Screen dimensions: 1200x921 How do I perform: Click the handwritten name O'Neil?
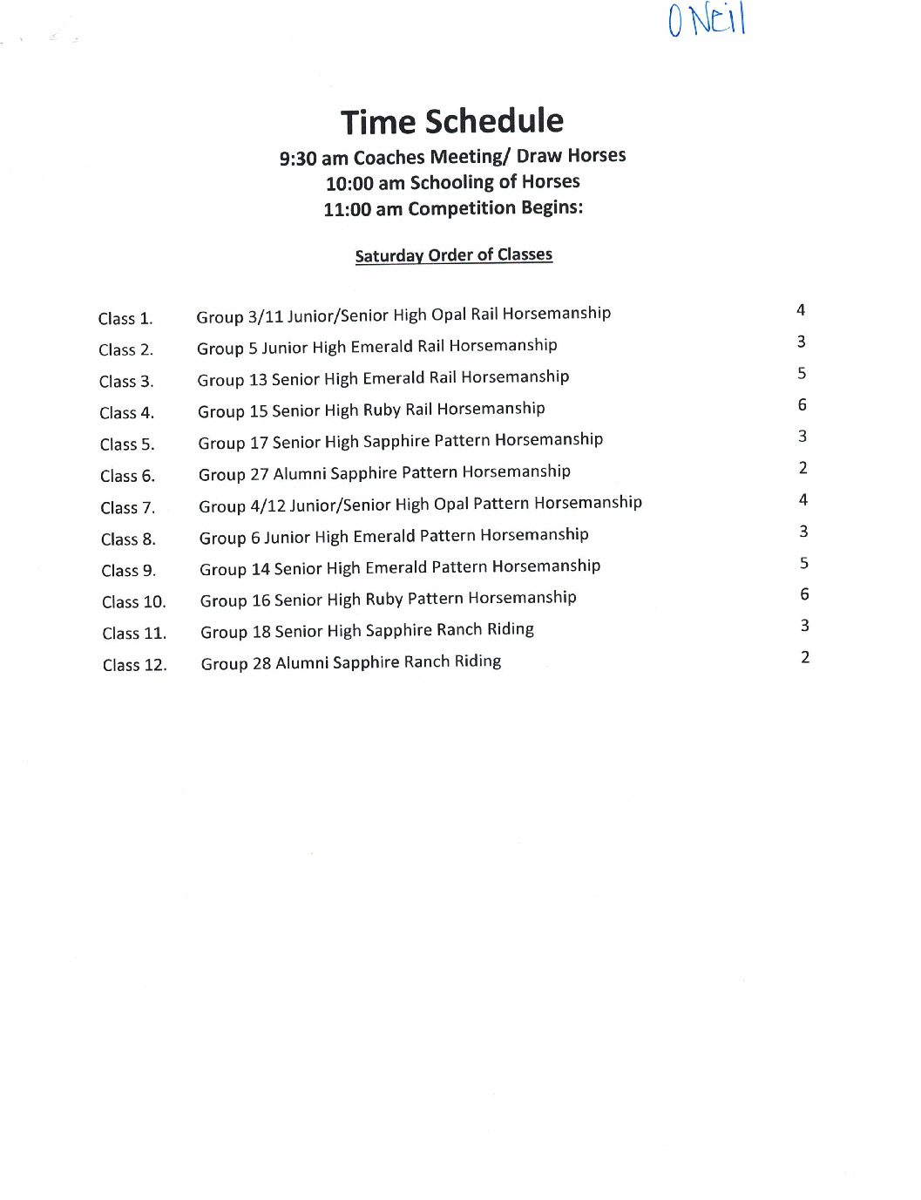click(707, 19)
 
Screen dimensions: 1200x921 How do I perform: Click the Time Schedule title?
click(451, 121)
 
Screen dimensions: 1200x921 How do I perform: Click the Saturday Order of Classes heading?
click(453, 255)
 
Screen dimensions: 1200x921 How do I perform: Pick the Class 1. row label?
click(125, 319)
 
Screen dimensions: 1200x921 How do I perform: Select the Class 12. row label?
click(134, 665)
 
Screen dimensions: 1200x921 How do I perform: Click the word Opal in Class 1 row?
click(449, 315)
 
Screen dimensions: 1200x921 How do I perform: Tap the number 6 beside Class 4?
click(802, 405)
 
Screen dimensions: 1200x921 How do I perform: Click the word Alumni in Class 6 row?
click(300, 473)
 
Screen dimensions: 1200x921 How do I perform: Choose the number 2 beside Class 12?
click(805, 657)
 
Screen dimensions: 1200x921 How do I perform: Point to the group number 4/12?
click(267, 505)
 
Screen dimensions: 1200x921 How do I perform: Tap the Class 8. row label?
click(128, 539)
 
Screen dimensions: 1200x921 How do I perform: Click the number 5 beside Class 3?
click(802, 373)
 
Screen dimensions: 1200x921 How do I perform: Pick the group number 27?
click(260, 474)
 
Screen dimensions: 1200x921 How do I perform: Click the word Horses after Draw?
click(598, 155)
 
